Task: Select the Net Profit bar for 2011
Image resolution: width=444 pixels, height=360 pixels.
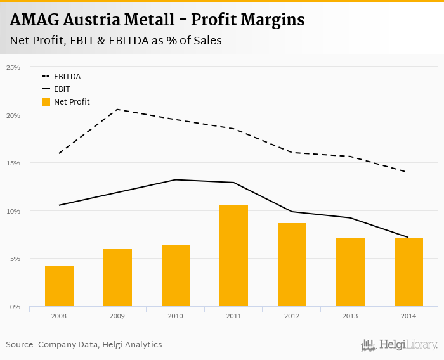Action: [x=234, y=255]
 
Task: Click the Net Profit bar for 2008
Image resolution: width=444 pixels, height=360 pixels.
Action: [x=59, y=286]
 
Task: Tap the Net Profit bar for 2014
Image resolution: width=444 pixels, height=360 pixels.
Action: [x=408, y=272]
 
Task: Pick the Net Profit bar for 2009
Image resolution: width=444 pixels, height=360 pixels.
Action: [x=117, y=278]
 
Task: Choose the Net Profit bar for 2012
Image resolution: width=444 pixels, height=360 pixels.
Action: [x=292, y=264]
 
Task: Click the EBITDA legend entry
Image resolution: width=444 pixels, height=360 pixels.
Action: [x=67, y=77]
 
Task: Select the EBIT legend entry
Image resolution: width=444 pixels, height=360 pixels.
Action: [x=62, y=89]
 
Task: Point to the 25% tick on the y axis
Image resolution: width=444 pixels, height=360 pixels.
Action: [x=13, y=67]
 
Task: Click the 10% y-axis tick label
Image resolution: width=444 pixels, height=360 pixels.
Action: [x=13, y=211]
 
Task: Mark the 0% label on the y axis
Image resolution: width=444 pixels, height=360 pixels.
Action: [x=15, y=307]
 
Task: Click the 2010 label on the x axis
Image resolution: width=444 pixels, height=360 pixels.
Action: [x=176, y=316]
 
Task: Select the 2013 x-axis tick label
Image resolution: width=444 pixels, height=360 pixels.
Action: [x=350, y=316]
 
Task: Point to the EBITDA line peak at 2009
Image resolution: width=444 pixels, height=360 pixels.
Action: [x=117, y=110]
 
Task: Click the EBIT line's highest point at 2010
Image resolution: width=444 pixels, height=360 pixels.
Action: [x=176, y=179]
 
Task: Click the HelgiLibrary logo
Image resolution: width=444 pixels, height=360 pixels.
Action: [x=400, y=345]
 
